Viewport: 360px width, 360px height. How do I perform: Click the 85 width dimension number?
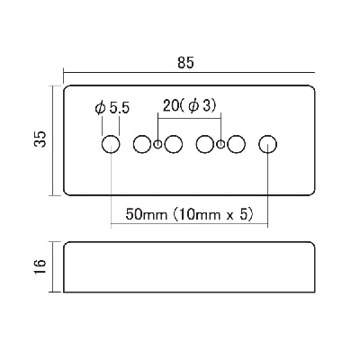[x=185, y=63]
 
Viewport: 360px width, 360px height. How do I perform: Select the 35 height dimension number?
[x=40, y=139]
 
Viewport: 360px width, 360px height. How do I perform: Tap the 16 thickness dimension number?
[x=40, y=266]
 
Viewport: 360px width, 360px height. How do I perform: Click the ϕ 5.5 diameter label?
[x=112, y=108]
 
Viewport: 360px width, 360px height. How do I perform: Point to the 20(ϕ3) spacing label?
[x=190, y=106]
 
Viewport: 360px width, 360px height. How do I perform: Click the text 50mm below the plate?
[x=146, y=214]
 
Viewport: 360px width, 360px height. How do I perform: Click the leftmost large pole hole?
[x=111, y=144]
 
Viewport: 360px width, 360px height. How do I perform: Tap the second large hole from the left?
[x=142, y=144]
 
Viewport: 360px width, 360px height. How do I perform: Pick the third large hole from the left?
[x=174, y=144]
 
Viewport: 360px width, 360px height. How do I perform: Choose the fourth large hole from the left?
[x=205, y=144]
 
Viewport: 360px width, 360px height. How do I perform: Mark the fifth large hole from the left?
[x=236, y=144]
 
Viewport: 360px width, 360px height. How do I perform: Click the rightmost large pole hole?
[x=267, y=144]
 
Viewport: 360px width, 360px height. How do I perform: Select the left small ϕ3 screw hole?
[x=157, y=144]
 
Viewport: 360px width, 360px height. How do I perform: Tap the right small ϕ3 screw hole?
[x=220, y=144]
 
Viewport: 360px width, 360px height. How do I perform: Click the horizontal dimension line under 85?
[x=189, y=73]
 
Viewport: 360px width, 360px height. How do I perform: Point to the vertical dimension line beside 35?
[x=53, y=140]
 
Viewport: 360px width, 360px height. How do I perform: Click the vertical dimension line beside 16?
[x=53, y=266]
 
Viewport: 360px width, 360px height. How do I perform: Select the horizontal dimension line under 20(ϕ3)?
[x=189, y=118]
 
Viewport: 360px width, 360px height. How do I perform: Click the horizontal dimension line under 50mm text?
[x=189, y=223]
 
